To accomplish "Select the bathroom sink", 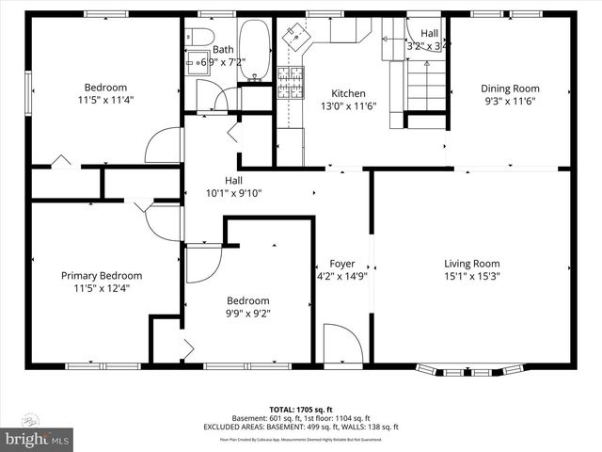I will (199, 64).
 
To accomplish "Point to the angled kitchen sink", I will (299, 38).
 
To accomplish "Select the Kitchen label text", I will (347, 93).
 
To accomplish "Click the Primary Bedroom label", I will (102, 276).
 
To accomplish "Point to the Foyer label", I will (341, 264).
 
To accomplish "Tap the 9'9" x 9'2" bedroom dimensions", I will (248, 314).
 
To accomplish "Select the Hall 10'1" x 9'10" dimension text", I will (233, 193).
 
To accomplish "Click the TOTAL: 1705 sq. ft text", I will (301, 410).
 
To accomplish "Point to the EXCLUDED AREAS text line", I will (301, 428).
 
